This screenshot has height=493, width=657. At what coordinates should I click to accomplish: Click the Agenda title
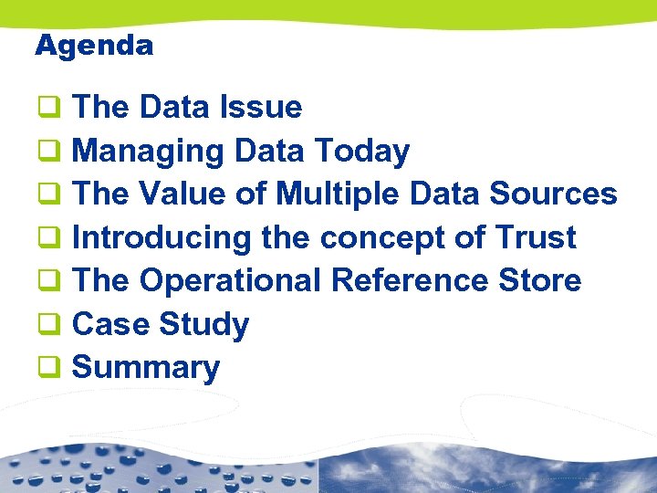click(x=93, y=45)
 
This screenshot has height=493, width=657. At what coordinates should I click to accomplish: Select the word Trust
click(x=536, y=238)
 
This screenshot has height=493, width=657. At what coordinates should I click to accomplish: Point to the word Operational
click(x=235, y=281)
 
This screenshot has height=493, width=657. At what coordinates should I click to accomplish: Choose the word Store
click(x=540, y=281)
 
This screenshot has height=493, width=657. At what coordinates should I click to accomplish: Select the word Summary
click(x=146, y=368)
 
